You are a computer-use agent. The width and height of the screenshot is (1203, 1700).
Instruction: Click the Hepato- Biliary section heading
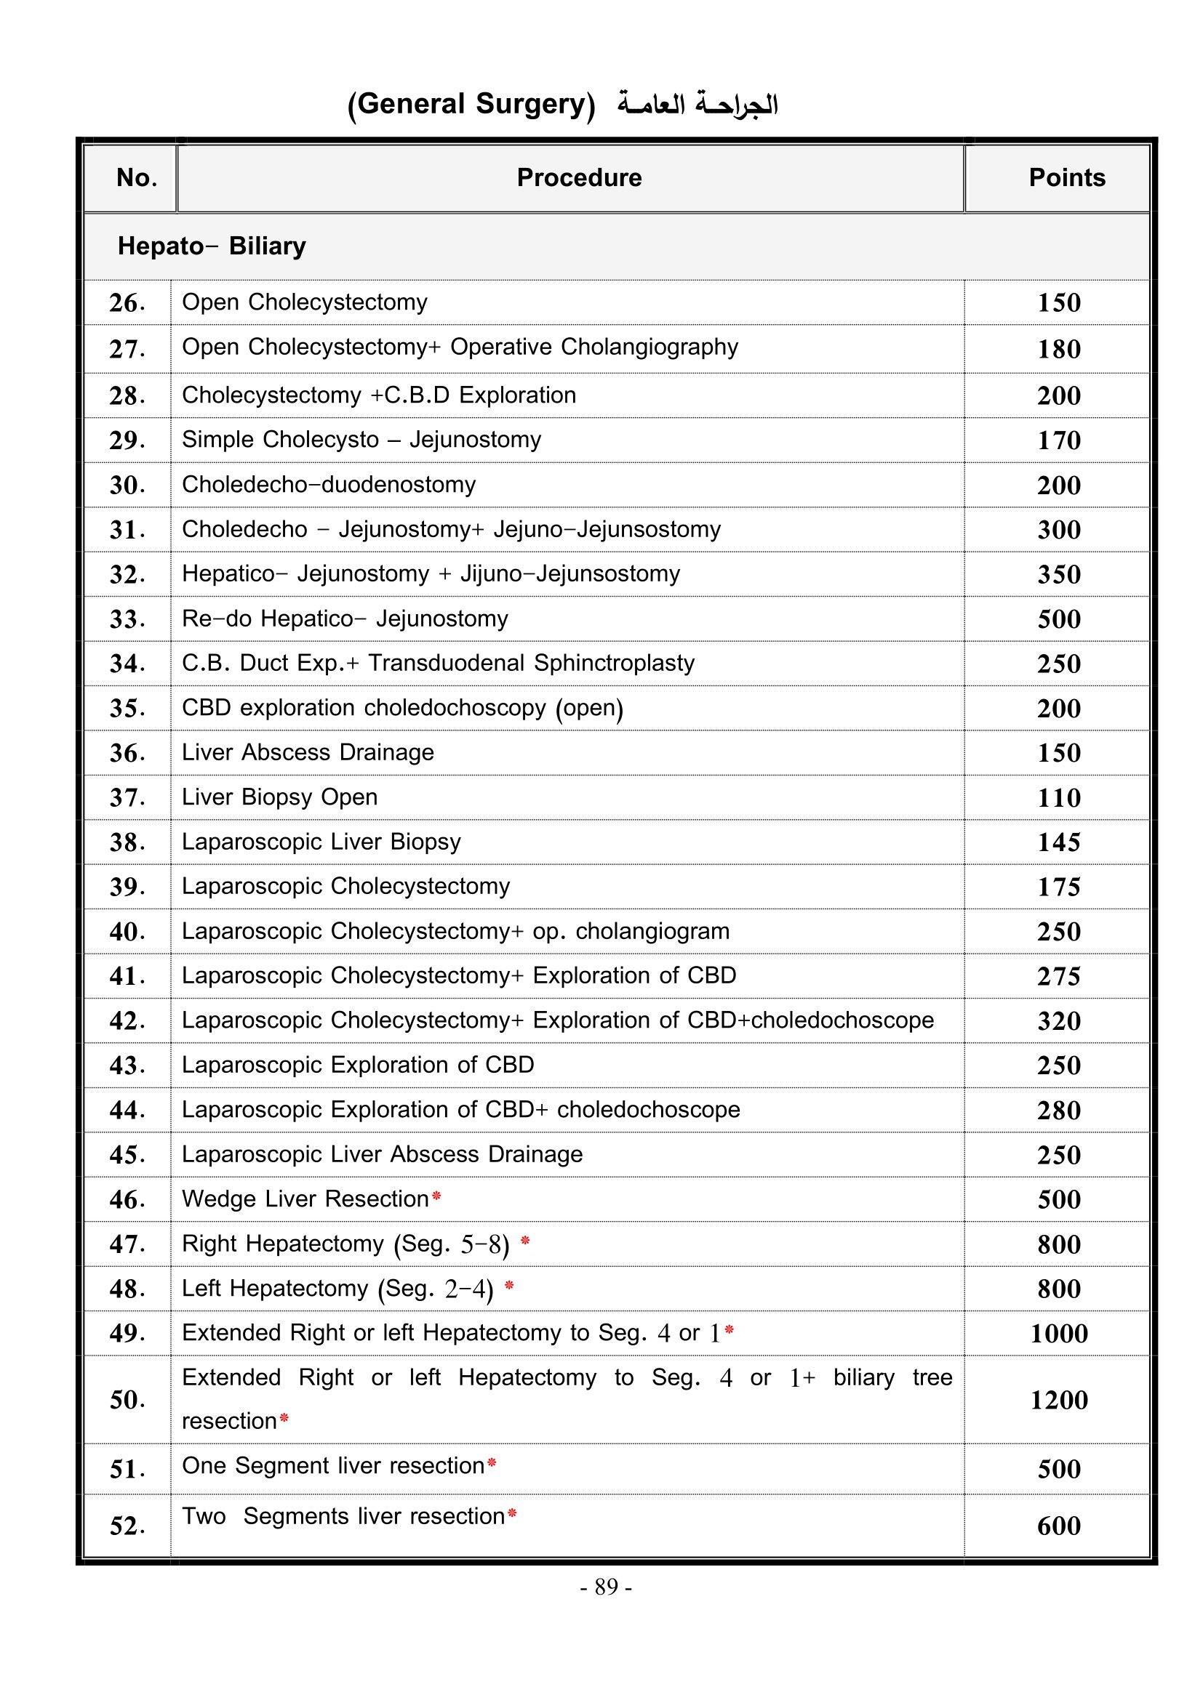(x=211, y=246)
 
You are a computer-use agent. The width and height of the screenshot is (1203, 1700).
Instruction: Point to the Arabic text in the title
(x=698, y=105)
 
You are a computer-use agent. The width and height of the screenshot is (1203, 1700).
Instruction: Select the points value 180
(x=1058, y=349)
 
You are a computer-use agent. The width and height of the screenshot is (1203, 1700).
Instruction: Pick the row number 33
(x=127, y=619)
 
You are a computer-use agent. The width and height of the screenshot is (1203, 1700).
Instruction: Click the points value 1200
(x=1058, y=1399)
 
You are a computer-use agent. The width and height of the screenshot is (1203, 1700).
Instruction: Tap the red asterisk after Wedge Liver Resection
(x=436, y=1196)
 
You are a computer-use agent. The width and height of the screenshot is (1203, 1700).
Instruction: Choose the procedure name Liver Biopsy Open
(x=279, y=797)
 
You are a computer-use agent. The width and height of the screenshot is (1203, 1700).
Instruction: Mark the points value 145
(x=1058, y=842)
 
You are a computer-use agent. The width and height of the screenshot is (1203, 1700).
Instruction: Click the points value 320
(x=1058, y=1020)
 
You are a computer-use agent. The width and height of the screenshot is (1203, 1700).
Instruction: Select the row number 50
(x=127, y=1399)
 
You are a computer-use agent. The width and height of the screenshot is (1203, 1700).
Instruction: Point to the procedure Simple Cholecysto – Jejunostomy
(x=361, y=439)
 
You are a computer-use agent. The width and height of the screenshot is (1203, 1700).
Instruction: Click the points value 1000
(x=1058, y=1333)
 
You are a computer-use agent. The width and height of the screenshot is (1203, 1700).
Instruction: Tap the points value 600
(x=1058, y=1526)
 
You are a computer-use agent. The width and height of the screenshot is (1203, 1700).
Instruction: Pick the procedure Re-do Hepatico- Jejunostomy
(x=345, y=619)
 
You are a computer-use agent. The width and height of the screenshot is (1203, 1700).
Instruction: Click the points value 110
(x=1058, y=797)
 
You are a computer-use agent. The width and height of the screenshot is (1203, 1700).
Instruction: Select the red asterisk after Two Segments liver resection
(x=512, y=1515)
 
